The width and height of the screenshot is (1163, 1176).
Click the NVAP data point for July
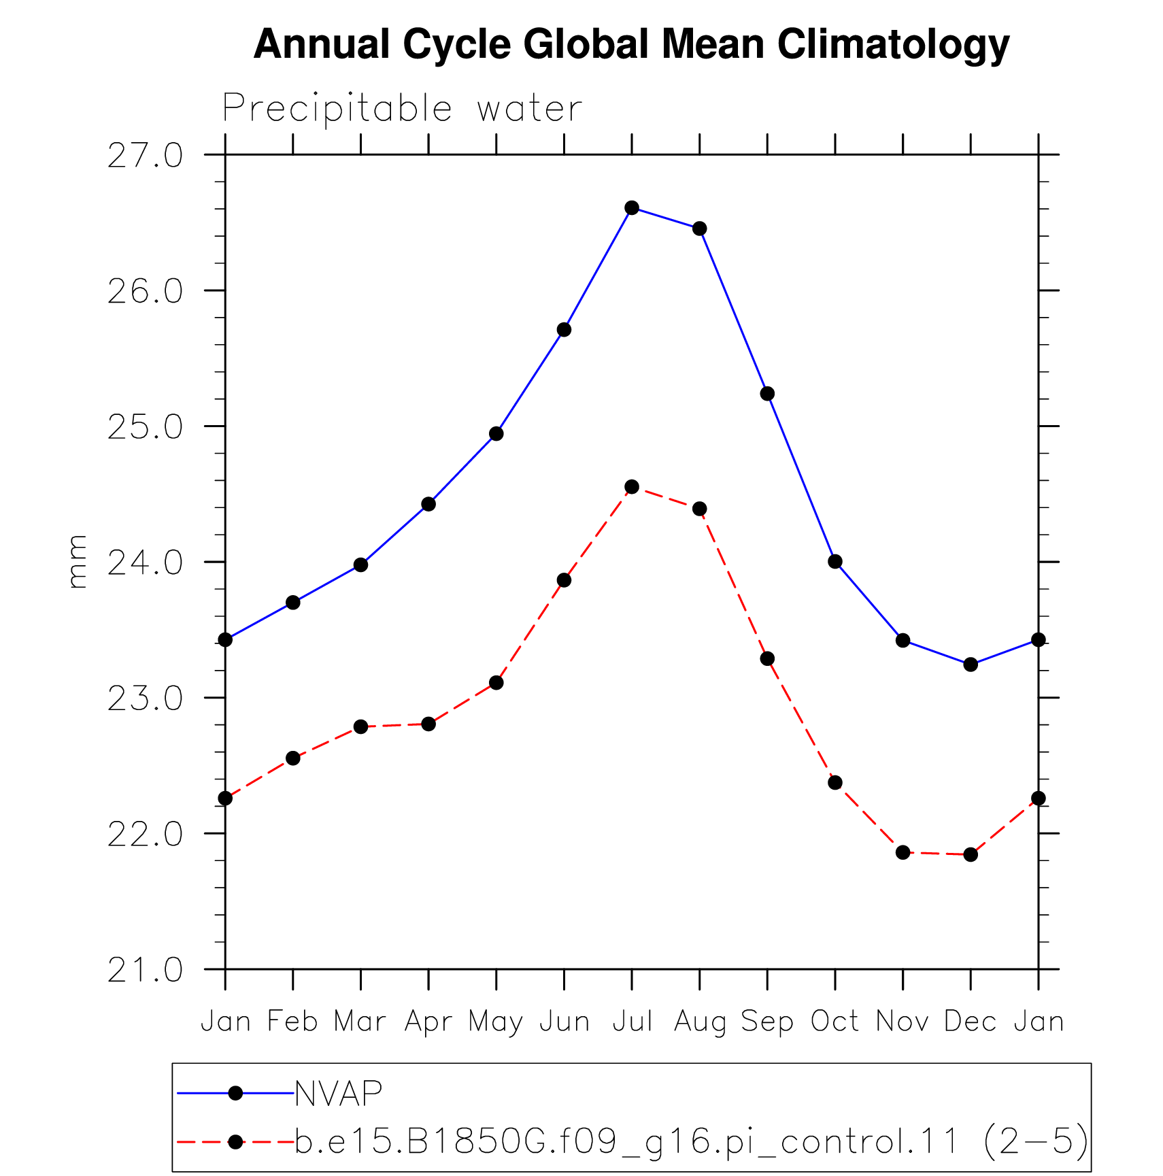click(632, 207)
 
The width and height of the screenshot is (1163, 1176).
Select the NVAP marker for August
click(699, 229)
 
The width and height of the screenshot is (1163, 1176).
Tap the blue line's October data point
click(835, 561)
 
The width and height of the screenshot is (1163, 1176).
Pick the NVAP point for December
click(971, 664)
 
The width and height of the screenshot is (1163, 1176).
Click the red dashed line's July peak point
click(632, 486)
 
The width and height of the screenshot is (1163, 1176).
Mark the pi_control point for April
click(428, 724)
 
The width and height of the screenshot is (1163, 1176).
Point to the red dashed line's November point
click(903, 852)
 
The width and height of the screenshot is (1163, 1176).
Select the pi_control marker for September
click(767, 658)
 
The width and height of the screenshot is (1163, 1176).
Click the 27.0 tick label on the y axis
click(145, 156)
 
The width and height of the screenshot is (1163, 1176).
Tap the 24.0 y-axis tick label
click(145, 563)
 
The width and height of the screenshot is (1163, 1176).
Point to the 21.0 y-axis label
click(145, 971)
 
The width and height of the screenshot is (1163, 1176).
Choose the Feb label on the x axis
click(292, 1021)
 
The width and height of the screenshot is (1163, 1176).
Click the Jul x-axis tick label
click(633, 1021)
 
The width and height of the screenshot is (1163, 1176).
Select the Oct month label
click(835, 1021)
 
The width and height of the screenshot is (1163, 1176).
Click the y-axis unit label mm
click(78, 561)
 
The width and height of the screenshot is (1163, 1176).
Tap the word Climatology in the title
click(893, 45)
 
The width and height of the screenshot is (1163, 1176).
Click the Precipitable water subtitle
click(402, 108)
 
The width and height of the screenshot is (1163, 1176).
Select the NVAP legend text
click(339, 1093)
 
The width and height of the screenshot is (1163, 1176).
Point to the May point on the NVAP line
click(496, 433)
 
